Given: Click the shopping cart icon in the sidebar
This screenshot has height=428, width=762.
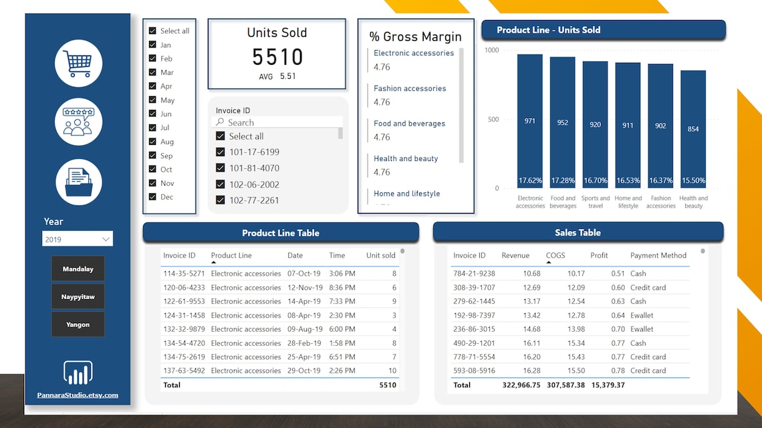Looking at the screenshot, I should (x=78, y=63).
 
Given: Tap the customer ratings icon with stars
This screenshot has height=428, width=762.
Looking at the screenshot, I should (x=78, y=122).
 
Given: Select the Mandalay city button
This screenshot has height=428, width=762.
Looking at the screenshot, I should (x=78, y=269).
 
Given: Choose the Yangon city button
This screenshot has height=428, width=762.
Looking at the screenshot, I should (x=78, y=325).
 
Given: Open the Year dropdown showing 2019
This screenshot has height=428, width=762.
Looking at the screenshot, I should (x=78, y=239).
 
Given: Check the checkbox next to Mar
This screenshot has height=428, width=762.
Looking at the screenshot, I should (x=152, y=72).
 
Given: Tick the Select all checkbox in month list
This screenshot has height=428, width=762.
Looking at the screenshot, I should (x=152, y=31).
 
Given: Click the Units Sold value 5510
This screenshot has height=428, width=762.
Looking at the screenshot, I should (x=277, y=57).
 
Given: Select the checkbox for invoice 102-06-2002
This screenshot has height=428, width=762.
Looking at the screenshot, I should (x=221, y=184).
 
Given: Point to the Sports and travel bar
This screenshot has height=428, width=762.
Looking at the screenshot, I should (x=595, y=124).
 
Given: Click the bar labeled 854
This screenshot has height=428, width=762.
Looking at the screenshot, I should (x=693, y=129).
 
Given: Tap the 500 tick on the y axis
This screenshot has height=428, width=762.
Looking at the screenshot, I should (x=493, y=120).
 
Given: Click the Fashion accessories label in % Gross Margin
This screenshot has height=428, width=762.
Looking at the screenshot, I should (x=410, y=88).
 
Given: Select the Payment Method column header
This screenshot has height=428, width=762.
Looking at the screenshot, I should (x=658, y=256).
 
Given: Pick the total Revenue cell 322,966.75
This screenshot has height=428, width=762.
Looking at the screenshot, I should (x=521, y=385).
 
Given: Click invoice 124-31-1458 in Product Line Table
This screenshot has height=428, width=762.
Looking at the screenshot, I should (x=184, y=315).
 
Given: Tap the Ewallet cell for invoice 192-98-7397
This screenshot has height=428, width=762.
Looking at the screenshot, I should (x=642, y=315).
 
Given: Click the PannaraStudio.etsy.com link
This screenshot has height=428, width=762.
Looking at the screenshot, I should (x=78, y=395).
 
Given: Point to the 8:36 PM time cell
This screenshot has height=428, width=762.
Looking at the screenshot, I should (x=342, y=288).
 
